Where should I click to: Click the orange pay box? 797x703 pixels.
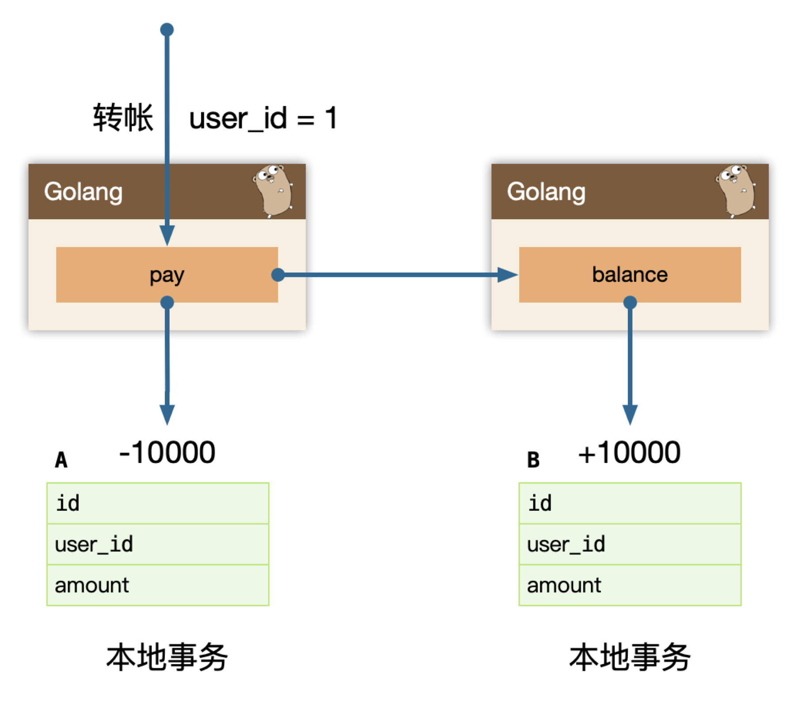(x=167, y=274)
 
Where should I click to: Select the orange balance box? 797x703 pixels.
(x=630, y=274)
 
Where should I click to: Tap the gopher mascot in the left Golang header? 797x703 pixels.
(x=273, y=191)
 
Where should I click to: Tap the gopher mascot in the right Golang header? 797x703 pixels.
(x=736, y=191)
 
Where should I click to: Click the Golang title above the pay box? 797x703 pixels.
(x=83, y=192)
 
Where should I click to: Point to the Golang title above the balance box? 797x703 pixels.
(x=546, y=192)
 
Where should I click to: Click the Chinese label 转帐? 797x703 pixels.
(x=123, y=118)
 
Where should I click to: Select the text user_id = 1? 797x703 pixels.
(x=263, y=118)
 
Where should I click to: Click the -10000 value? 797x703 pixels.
(x=167, y=452)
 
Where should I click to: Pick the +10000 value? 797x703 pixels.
(x=629, y=452)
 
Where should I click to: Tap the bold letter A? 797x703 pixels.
(x=61, y=460)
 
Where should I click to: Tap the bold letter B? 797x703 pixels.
(x=533, y=460)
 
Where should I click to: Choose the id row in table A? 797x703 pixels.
(x=158, y=503)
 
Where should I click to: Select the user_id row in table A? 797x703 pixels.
(x=158, y=544)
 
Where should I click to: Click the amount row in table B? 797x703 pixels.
(x=630, y=585)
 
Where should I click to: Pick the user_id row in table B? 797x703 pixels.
(x=630, y=544)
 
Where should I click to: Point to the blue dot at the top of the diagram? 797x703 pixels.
(x=167, y=30)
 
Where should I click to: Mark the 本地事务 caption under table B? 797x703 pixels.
(x=630, y=657)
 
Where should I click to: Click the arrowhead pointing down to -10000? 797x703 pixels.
(x=167, y=415)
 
